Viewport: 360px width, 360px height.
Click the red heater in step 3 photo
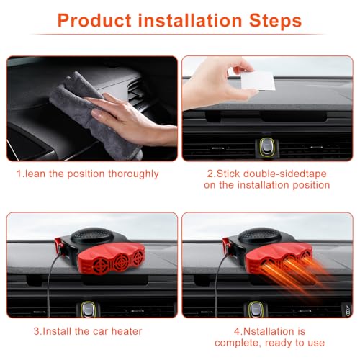coord(101,259)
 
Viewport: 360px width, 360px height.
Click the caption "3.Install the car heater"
coord(87,330)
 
